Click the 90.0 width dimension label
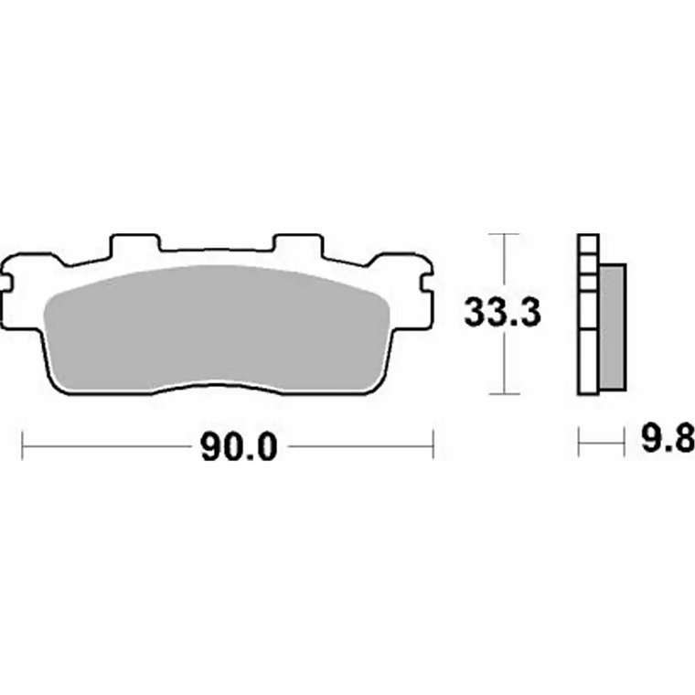point(239,447)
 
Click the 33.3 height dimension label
point(502,313)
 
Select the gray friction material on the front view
point(218,329)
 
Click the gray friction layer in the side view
point(612,327)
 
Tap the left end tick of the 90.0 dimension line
point(22,446)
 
